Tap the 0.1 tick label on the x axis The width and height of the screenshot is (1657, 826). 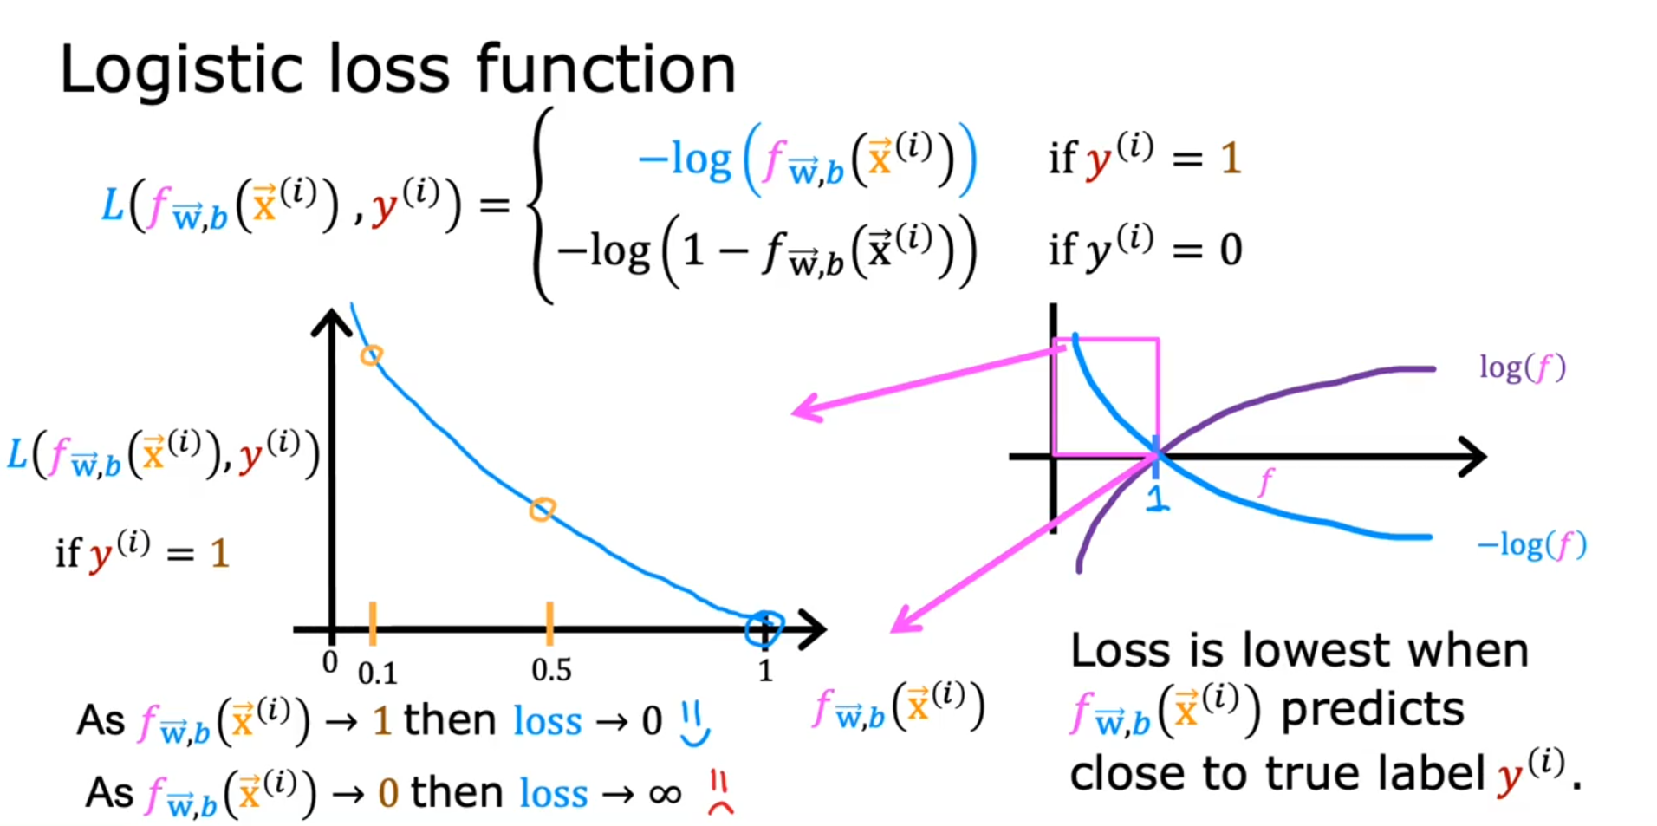(x=378, y=673)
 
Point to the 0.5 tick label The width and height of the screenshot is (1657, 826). (x=551, y=670)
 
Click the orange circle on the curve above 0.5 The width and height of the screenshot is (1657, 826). (x=542, y=509)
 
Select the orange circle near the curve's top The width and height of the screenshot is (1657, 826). (x=372, y=354)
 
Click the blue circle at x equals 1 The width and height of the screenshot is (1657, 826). (x=764, y=629)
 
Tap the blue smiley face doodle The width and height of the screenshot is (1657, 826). (x=694, y=724)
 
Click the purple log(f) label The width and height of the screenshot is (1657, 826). (x=1522, y=367)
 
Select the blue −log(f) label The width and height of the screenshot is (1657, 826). (x=1531, y=545)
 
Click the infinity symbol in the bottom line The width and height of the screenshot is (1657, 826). (x=665, y=793)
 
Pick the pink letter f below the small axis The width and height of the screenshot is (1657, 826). (x=1267, y=480)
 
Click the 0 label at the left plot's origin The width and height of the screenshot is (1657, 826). (x=329, y=663)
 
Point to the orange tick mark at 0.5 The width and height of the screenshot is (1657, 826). (x=549, y=623)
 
